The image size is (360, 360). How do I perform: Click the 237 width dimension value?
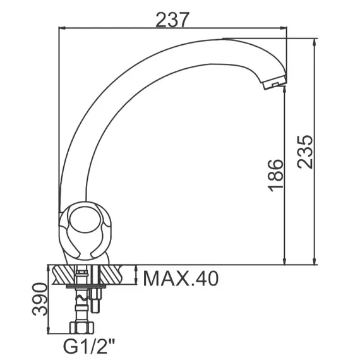point(172,20)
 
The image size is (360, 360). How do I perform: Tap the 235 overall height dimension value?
point(305,152)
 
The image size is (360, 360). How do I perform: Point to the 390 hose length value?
point(40,299)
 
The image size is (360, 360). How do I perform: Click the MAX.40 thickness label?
point(181,279)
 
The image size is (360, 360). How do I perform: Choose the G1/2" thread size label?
point(89,347)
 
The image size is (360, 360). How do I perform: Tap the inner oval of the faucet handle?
point(85,220)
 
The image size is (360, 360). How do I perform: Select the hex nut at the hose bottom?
point(82,327)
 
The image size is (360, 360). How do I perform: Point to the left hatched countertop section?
point(64,275)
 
